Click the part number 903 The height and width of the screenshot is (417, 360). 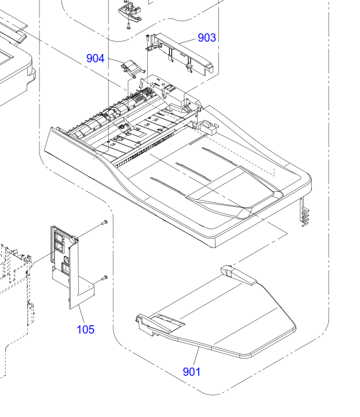[207, 38]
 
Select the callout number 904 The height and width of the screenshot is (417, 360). [95, 58]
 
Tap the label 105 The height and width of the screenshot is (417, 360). [86, 329]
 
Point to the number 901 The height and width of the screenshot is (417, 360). [192, 371]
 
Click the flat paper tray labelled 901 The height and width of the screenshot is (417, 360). [222, 322]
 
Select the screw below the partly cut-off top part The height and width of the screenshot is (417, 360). [128, 24]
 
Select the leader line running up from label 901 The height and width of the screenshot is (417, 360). [196, 355]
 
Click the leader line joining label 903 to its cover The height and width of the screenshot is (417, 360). [189, 41]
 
